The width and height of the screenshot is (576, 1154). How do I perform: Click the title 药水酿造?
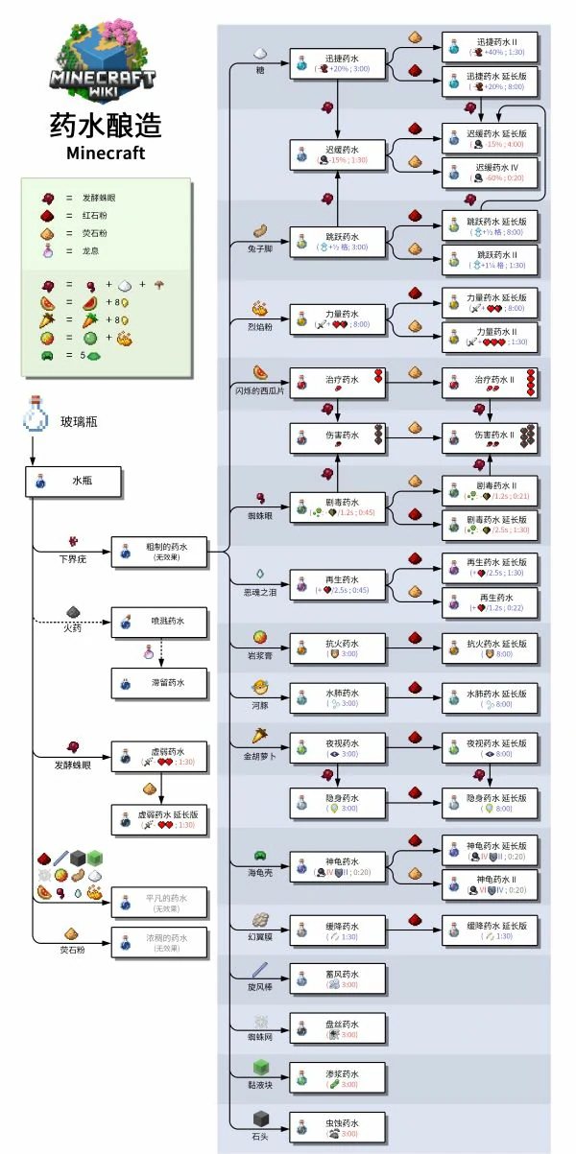[x=105, y=126]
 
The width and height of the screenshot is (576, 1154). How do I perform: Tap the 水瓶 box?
[x=73, y=483]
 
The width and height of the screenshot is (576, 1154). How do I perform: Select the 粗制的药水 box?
[x=158, y=552]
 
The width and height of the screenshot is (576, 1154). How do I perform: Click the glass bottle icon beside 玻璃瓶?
[x=35, y=419]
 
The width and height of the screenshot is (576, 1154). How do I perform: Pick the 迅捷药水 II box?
[x=490, y=47]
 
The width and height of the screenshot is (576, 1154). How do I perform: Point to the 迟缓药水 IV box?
[x=490, y=172]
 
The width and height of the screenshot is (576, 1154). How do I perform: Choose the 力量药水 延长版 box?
[x=490, y=303]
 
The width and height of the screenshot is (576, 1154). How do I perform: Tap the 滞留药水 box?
[x=158, y=683]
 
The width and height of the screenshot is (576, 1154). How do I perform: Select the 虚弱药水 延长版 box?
[x=158, y=818]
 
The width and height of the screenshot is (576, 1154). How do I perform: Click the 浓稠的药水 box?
[x=158, y=942]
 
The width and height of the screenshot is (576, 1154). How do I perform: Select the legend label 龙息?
[x=92, y=250]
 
